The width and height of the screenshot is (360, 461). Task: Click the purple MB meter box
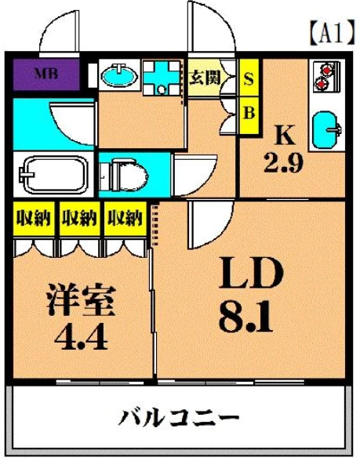pyautogui.click(x=46, y=74)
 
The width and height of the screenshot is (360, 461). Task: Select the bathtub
pyautogui.click(x=53, y=174)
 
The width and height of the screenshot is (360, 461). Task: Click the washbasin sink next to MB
pyautogui.click(x=120, y=74)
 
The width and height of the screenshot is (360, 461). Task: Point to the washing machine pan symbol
pyautogui.click(x=162, y=78)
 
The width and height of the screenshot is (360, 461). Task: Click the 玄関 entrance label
pyautogui.click(x=205, y=78)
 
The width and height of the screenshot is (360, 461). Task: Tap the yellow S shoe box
pyautogui.click(x=249, y=78)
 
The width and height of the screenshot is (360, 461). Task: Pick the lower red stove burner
pyautogui.click(x=322, y=85)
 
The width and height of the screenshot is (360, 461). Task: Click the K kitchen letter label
pyautogui.click(x=285, y=135)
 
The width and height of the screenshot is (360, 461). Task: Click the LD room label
pyautogui.click(x=252, y=274)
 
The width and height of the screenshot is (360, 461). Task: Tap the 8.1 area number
pyautogui.click(x=245, y=316)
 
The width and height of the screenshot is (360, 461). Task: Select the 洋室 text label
pyautogui.click(x=81, y=299)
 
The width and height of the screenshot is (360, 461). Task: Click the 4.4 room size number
pyautogui.click(x=81, y=338)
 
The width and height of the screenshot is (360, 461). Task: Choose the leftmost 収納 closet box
pyautogui.click(x=34, y=219)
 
